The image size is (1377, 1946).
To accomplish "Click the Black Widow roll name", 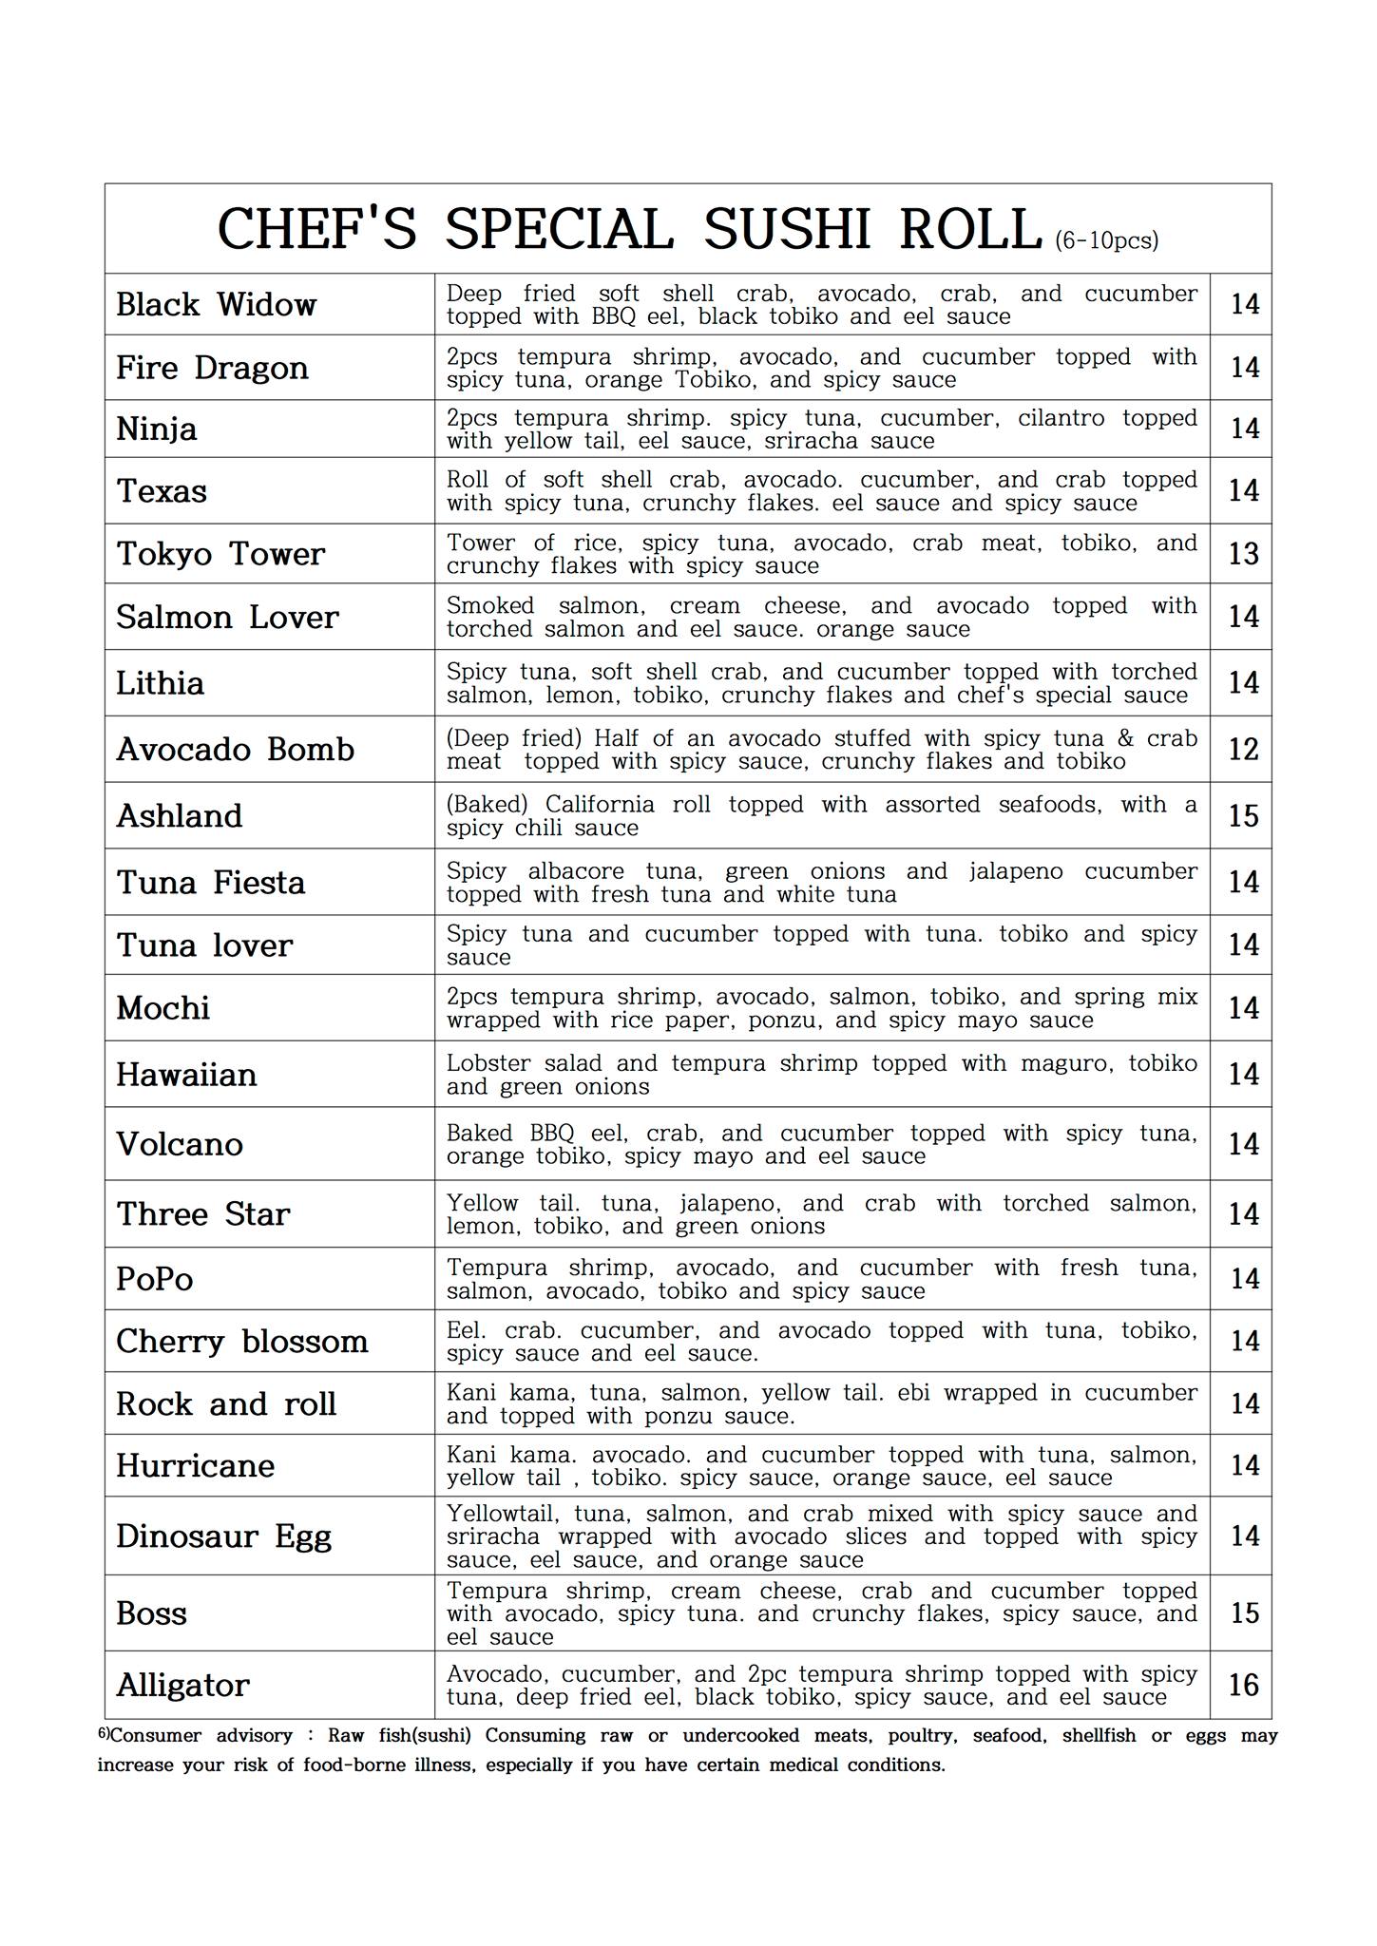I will [x=216, y=305].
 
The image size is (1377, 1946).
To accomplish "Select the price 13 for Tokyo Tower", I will [x=1243, y=554].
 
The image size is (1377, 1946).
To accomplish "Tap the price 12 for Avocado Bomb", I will [x=1243, y=750].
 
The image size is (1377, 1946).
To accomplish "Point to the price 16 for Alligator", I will [x=1243, y=1685].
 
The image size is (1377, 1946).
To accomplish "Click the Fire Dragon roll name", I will [x=212, y=368].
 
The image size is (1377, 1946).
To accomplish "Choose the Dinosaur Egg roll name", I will [x=223, y=1536].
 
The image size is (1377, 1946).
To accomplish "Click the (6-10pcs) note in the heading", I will [x=1106, y=240].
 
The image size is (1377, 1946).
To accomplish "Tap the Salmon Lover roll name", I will [x=227, y=618].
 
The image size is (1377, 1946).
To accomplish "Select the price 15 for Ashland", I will [x=1243, y=816].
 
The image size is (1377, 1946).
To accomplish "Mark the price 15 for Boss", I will [x=1243, y=1612].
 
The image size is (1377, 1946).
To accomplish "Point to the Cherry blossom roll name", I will [x=241, y=1342].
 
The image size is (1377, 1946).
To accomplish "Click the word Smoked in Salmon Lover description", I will [x=490, y=606].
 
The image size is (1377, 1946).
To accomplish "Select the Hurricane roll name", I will [x=195, y=1465].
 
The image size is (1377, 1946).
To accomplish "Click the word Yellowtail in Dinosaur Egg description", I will [x=507, y=1514].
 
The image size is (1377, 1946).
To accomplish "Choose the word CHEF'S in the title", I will [x=317, y=230].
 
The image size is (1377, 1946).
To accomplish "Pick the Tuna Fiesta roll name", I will [x=210, y=883].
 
